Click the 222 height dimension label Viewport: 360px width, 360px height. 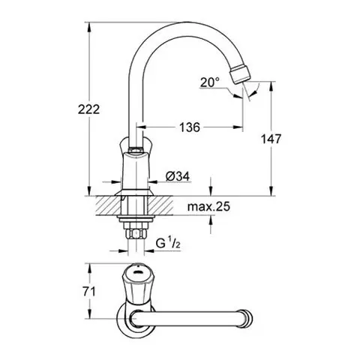pos(88,109)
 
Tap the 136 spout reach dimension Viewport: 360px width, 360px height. pos(190,127)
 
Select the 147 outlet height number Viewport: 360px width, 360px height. pos(271,139)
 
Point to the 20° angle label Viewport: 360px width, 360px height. pos(210,82)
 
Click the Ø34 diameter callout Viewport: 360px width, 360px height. pos(178,176)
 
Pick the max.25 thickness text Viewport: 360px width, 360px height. pos(208,207)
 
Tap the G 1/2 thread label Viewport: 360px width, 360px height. pos(168,243)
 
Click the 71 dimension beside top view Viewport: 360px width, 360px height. pos(89,292)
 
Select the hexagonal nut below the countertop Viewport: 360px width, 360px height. pos(136,234)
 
